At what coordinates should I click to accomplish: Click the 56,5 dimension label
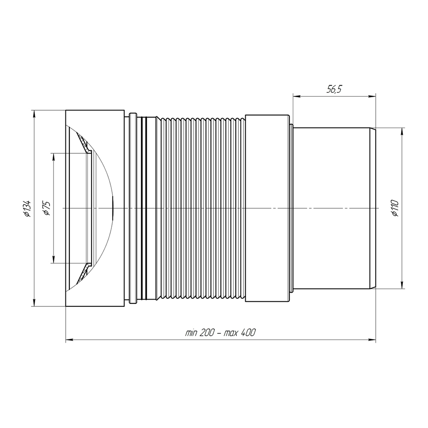(334, 89)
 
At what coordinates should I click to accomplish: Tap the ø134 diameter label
(27, 208)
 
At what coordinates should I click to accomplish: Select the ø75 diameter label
(46, 208)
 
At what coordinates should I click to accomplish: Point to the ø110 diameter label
(395, 208)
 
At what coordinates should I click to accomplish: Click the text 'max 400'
(240, 333)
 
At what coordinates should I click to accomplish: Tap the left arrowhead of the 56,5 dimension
(297, 96)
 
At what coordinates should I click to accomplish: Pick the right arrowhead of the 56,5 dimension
(372, 96)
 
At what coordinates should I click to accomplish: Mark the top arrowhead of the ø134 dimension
(34, 114)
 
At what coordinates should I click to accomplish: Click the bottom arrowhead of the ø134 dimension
(34, 302)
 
